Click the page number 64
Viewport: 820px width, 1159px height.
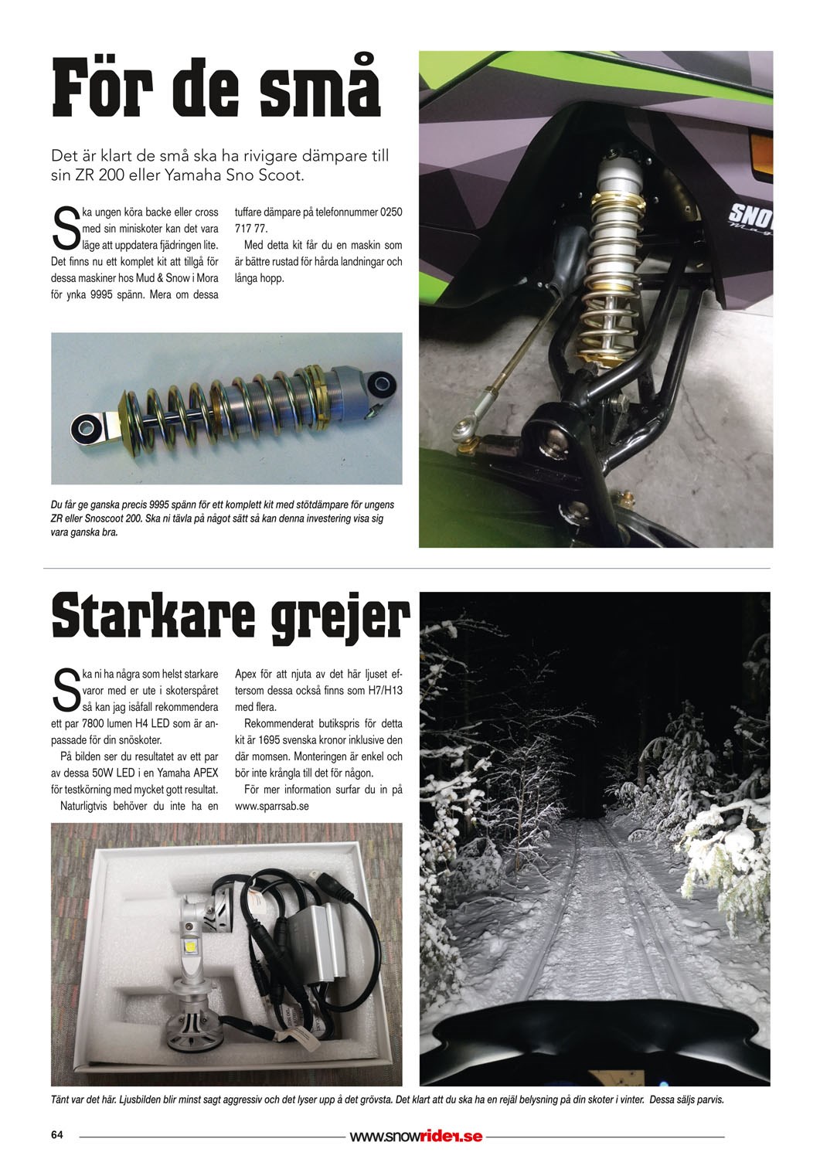click(x=56, y=1135)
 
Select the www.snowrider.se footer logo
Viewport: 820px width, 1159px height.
click(x=416, y=1137)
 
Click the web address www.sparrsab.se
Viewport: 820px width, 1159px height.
click(x=272, y=806)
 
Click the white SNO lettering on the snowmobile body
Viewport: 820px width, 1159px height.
click(x=750, y=213)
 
